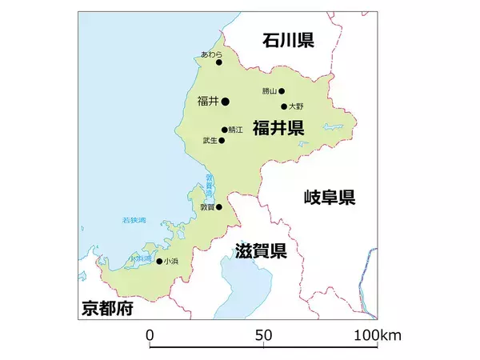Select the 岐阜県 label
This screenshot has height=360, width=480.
tap(329, 198)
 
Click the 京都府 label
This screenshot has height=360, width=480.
tap(106, 309)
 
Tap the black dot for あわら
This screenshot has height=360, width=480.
tap(218, 62)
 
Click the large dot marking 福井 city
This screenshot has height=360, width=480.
tap(226, 102)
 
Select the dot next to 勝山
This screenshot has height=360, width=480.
tap(282, 91)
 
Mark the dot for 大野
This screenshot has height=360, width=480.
tap(284, 106)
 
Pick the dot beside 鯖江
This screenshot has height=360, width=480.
tap(224, 130)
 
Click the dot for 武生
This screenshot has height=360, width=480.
tap(222, 141)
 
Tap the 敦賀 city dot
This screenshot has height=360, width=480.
tap(219, 206)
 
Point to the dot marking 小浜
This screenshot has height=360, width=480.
tap(159, 262)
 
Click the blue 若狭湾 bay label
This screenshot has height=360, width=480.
tap(133, 220)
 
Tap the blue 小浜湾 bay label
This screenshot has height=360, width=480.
tap(142, 258)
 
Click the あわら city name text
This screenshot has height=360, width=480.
tap(212, 54)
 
